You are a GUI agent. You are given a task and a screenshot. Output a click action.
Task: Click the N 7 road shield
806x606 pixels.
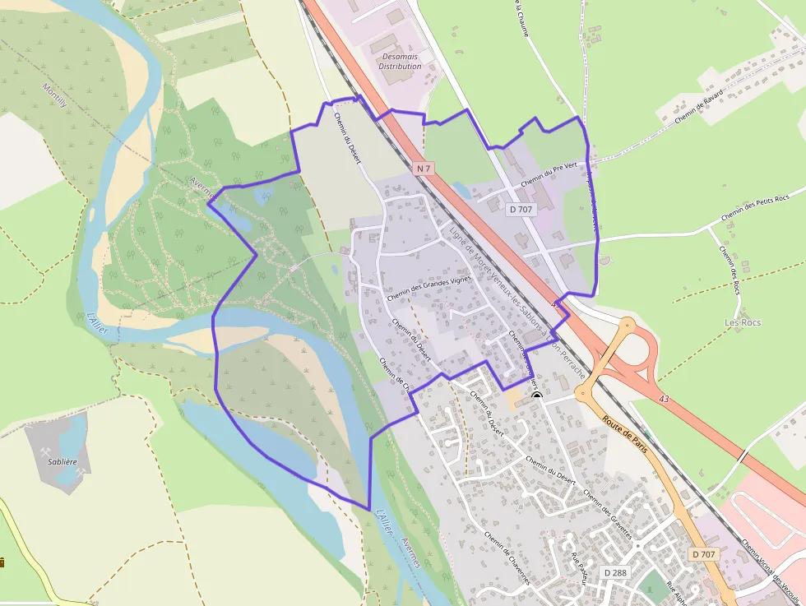pyautogui.click(x=423, y=169)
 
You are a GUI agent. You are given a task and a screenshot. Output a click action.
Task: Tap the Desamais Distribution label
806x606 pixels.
pyautogui.click(x=400, y=61)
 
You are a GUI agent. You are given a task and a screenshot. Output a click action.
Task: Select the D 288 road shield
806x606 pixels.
pyautogui.click(x=615, y=572)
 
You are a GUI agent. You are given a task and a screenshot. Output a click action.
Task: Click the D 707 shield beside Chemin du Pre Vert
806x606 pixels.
pyautogui.click(x=521, y=210)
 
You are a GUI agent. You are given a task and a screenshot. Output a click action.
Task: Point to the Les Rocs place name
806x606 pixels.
pyautogui.click(x=742, y=322)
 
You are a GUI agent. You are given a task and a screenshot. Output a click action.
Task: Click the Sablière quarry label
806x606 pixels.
pyautogui.click(x=63, y=462)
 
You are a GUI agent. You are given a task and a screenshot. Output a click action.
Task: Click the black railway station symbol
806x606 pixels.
pyautogui.click(x=537, y=396)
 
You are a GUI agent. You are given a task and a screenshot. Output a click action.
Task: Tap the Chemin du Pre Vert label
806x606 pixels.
pyautogui.click(x=550, y=173)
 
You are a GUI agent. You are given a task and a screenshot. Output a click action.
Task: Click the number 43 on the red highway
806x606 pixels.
pyautogui.click(x=664, y=399)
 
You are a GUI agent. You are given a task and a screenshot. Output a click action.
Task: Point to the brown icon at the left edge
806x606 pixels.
pyautogui.click(x=2, y=562)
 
